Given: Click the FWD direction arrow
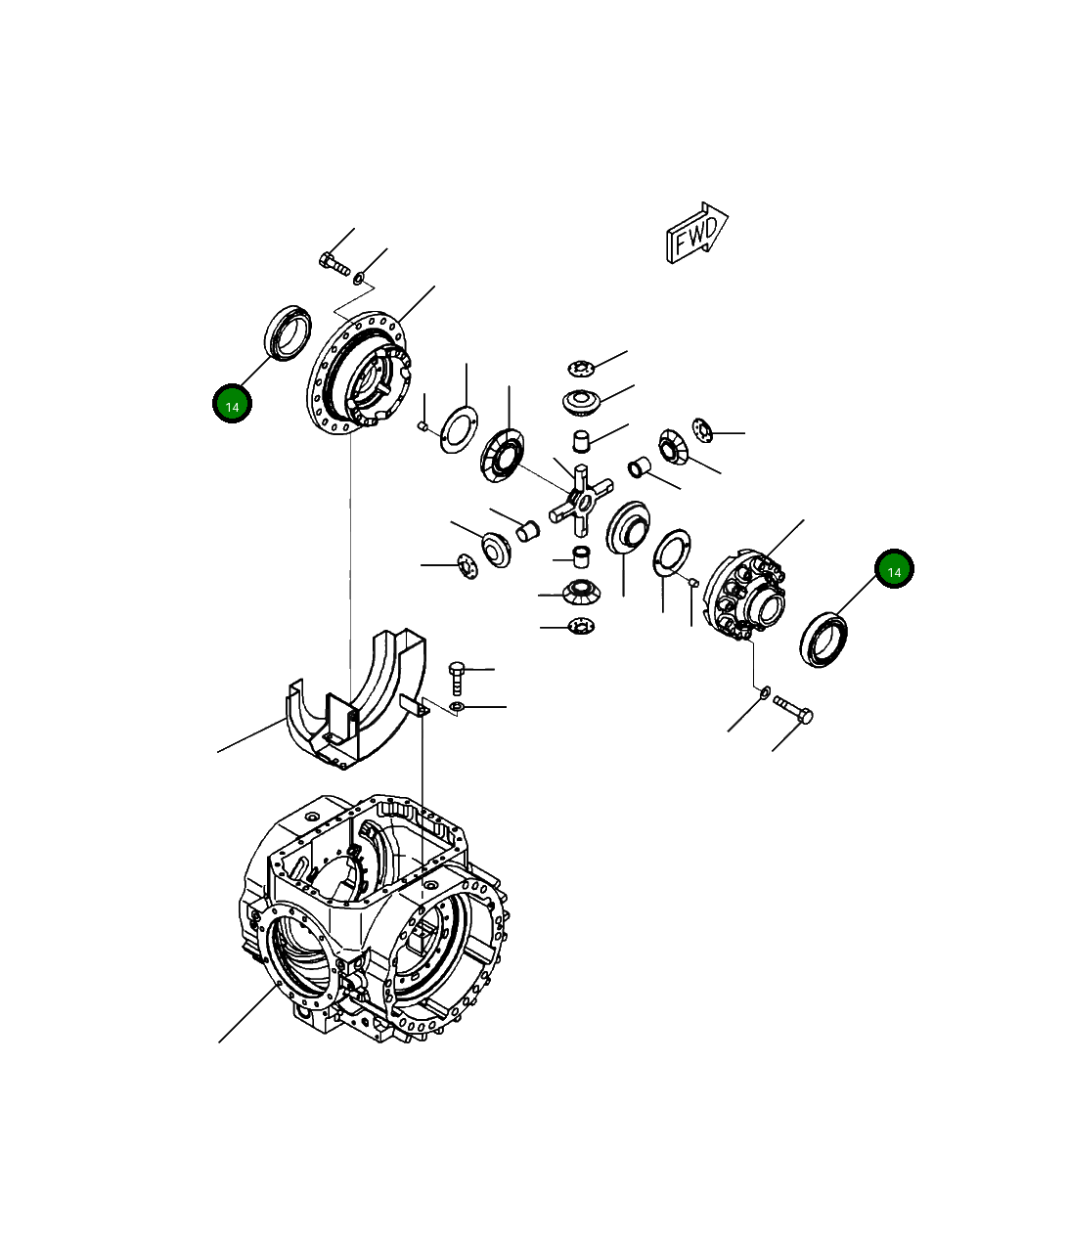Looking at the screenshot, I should tap(696, 234).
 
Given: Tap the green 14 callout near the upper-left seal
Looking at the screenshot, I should tap(232, 404).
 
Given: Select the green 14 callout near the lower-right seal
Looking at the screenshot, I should tap(893, 569).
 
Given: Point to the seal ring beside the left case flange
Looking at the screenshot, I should tap(289, 332).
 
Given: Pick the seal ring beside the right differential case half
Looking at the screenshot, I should tap(824, 640).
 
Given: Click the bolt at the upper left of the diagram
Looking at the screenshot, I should tap(334, 263).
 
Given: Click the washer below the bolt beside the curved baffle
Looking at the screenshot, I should tap(458, 706).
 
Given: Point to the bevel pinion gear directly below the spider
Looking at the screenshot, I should tap(581, 591).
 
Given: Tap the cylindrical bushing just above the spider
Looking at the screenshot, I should tap(582, 440).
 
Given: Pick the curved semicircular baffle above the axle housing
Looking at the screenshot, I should tap(357, 698).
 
